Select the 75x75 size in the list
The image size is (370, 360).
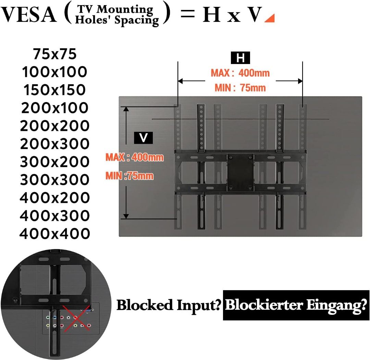[x=55, y=54]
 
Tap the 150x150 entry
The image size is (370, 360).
[x=55, y=90]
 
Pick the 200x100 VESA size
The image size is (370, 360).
[x=55, y=108]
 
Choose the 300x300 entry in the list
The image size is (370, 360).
[x=55, y=180]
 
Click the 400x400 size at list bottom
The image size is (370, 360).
[x=55, y=234]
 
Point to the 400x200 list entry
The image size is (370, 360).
[x=55, y=198]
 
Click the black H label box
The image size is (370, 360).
[x=241, y=58]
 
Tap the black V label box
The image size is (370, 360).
[x=144, y=138]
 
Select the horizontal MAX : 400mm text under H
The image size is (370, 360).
[x=240, y=73]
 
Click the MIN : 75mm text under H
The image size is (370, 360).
[x=240, y=88]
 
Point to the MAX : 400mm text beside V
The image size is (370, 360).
[x=134, y=158]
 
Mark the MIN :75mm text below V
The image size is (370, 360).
[x=129, y=176]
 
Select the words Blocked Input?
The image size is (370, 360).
[x=168, y=305]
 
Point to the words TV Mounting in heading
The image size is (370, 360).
[x=114, y=10]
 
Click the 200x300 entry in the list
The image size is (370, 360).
[x=55, y=144]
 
